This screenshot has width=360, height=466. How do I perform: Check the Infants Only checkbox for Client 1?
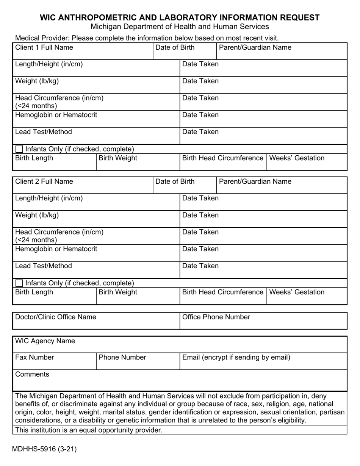click(19, 149)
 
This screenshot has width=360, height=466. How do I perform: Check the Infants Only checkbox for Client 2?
click(19, 283)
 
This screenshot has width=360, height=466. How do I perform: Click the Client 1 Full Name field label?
click(44, 47)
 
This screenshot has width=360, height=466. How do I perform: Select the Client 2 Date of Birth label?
click(175, 181)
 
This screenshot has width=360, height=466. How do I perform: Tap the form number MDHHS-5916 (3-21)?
click(44, 449)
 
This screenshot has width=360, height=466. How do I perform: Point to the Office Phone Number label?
click(216, 317)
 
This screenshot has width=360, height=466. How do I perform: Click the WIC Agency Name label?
click(45, 341)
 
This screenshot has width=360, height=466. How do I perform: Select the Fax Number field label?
click(34, 357)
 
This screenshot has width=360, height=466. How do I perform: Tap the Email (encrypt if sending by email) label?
click(236, 357)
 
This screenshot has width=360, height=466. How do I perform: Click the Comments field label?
click(32, 374)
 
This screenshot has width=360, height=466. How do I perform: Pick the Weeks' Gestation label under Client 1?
click(296, 158)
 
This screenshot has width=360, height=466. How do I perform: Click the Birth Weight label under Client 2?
click(118, 292)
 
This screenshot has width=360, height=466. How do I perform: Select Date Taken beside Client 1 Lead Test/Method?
click(200, 132)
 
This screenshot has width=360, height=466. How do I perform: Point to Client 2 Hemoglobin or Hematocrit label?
click(56, 249)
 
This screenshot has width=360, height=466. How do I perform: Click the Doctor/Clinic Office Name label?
click(56, 317)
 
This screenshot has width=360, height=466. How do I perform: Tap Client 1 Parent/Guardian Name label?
click(255, 47)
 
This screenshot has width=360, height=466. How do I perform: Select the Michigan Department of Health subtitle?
click(180, 27)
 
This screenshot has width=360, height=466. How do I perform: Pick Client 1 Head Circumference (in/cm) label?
click(59, 98)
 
